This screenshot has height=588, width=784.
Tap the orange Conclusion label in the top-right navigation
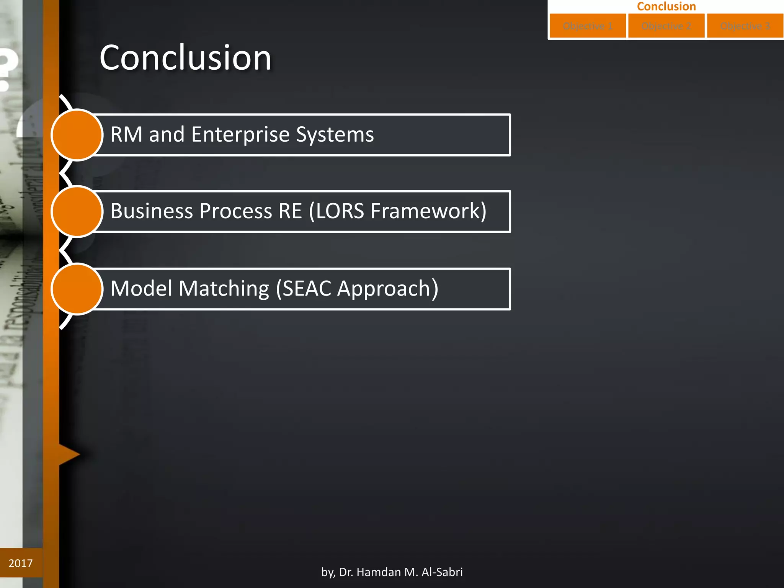click(666, 6)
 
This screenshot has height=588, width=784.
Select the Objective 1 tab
click(588, 26)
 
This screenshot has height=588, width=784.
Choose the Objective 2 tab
click(666, 26)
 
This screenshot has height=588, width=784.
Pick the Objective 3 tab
click(745, 26)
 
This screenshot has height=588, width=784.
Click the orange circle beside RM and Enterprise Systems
click(77, 135)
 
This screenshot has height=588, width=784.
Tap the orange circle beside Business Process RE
click(77, 211)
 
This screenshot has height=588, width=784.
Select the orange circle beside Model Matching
click(77, 289)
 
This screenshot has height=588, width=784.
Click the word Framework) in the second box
click(428, 211)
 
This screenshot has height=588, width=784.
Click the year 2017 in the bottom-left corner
click(21, 563)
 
